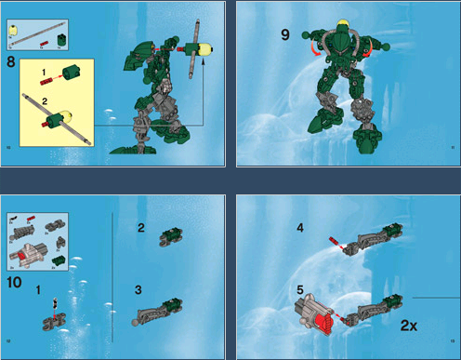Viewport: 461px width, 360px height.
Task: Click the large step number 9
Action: (x=285, y=36)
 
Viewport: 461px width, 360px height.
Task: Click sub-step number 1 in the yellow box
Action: (x=41, y=72)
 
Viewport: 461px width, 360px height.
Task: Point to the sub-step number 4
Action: (x=299, y=227)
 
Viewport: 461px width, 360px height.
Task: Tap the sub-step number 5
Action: (x=299, y=288)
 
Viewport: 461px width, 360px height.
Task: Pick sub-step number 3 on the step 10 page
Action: (x=138, y=289)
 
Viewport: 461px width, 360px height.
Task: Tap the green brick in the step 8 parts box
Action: (x=59, y=38)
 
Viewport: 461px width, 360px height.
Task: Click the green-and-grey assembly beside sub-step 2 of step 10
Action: (x=173, y=236)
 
